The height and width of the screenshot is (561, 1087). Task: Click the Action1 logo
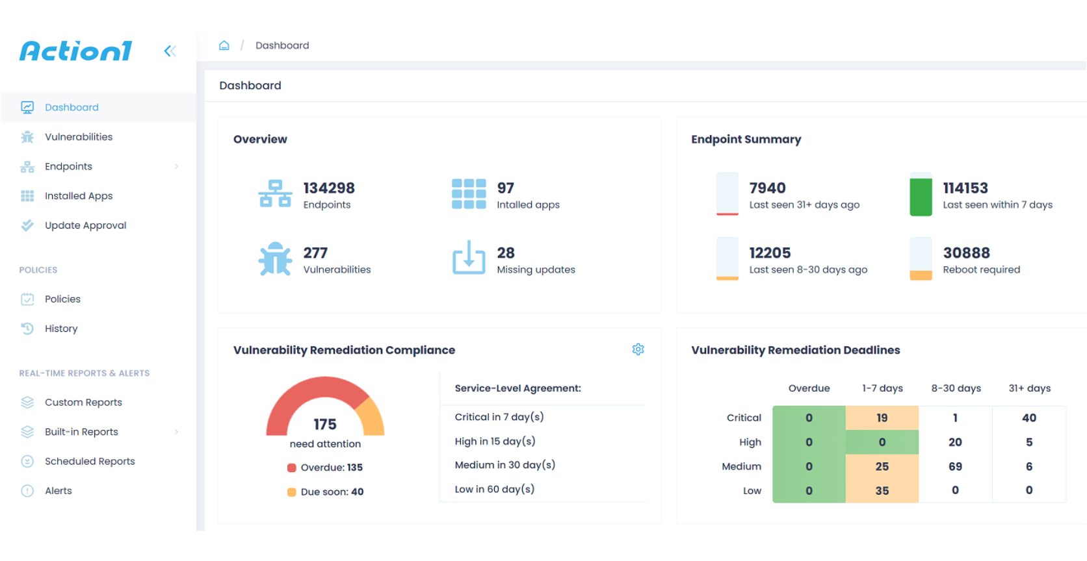pos(76,51)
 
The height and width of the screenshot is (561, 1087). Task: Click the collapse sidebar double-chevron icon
pos(170,51)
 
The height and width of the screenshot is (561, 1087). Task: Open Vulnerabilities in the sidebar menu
pos(79,137)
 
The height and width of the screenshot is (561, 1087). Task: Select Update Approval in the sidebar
pos(85,225)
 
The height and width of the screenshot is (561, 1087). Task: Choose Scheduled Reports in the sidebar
pos(90,462)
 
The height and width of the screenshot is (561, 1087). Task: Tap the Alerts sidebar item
pos(58,491)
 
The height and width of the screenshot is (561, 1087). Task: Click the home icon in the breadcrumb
pos(224,45)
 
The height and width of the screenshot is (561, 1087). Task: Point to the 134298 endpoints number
pos(329,188)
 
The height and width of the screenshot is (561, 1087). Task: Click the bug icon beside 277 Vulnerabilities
pos(275,259)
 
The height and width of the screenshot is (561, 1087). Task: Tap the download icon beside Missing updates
pos(469,258)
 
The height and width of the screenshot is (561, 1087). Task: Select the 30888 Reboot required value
pos(966,253)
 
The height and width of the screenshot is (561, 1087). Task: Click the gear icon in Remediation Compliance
pos(638,349)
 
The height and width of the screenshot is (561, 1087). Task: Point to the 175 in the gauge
pos(325,425)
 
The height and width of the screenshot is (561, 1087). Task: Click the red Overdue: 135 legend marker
pos(292,467)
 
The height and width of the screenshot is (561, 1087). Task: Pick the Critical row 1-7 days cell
pos(882,418)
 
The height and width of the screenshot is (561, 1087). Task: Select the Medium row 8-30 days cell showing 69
pos(955,467)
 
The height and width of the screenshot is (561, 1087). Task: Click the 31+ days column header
pos(1029,388)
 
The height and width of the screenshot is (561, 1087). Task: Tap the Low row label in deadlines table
pos(752,491)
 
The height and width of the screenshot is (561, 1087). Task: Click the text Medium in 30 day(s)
pos(504,465)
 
